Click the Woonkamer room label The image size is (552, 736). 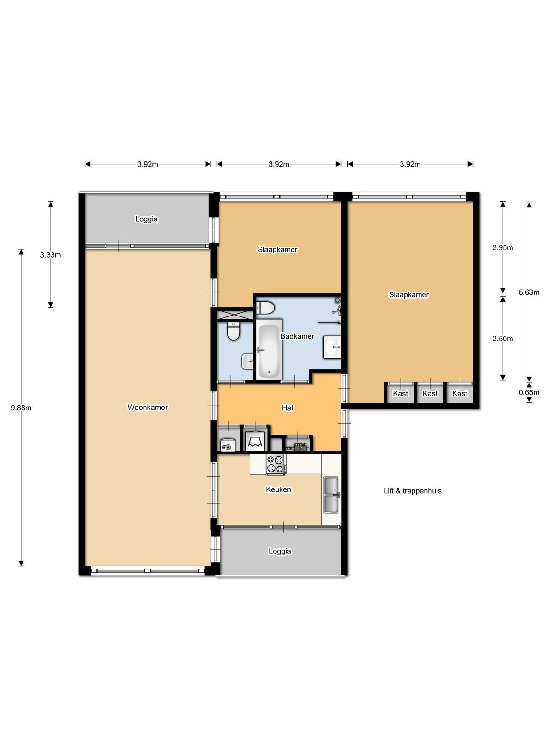148,407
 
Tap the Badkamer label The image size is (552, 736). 297,336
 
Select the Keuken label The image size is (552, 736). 278,489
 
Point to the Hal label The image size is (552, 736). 287,408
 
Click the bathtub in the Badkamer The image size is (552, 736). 269,350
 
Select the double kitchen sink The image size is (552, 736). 331,495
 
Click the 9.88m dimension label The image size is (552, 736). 21,408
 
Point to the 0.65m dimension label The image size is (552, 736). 529,392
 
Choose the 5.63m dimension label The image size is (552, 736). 529,292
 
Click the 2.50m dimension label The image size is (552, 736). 502,338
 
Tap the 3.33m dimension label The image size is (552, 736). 51,254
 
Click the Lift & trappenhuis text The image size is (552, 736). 412,490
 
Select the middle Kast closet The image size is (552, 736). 430,393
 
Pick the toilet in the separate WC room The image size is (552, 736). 233,331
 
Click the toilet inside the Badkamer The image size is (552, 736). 265,307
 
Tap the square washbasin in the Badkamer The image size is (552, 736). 332,347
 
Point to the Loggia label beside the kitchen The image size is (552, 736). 280,551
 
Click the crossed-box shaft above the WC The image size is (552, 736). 235,315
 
